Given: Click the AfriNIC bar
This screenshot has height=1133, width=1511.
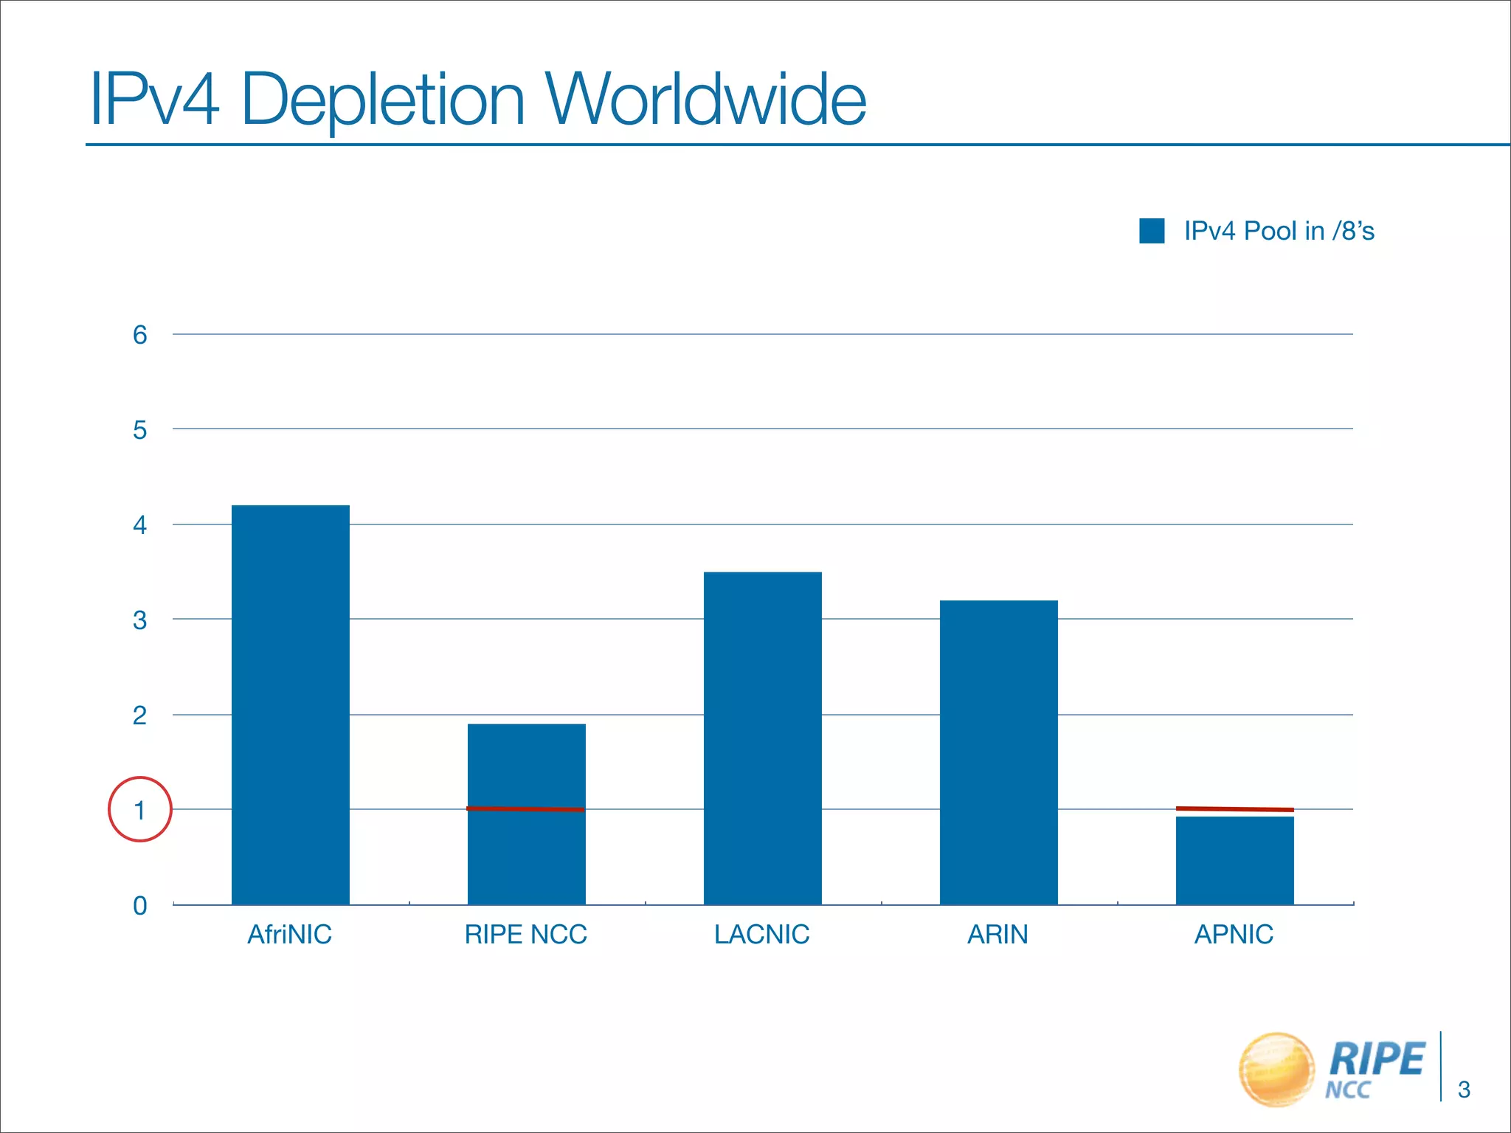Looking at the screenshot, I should [291, 704].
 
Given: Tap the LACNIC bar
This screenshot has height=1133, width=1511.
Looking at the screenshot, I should [763, 738].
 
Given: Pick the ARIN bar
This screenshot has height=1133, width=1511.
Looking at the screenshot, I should [999, 752].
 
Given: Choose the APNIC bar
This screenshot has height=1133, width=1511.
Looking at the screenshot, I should [1235, 860].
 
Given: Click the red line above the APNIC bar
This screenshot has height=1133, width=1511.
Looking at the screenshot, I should [1235, 809].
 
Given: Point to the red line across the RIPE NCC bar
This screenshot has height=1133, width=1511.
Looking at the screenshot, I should [525, 809].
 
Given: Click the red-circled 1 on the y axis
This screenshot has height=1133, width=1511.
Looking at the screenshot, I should [140, 810].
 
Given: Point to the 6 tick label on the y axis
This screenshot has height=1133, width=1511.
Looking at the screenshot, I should [140, 335].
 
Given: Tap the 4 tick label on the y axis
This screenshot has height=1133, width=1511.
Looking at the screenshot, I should [140, 525].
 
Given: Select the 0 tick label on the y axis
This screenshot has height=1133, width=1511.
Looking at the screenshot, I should [140, 905].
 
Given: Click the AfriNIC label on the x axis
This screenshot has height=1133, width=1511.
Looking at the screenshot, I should [290, 935].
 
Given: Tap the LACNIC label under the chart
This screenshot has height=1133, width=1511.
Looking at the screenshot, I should [762, 935].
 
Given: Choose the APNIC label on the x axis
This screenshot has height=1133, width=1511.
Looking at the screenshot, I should [1234, 935].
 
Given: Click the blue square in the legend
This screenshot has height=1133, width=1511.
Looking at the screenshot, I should [1152, 231].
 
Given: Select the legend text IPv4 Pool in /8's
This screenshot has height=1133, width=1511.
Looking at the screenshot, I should [1279, 231].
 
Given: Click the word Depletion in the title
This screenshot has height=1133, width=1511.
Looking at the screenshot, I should [383, 100].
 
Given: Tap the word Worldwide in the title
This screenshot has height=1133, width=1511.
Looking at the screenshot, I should [705, 100].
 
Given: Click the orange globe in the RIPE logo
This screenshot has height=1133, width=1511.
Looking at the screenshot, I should [1277, 1069].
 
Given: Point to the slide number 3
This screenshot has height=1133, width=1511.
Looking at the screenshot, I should [1465, 1089].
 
